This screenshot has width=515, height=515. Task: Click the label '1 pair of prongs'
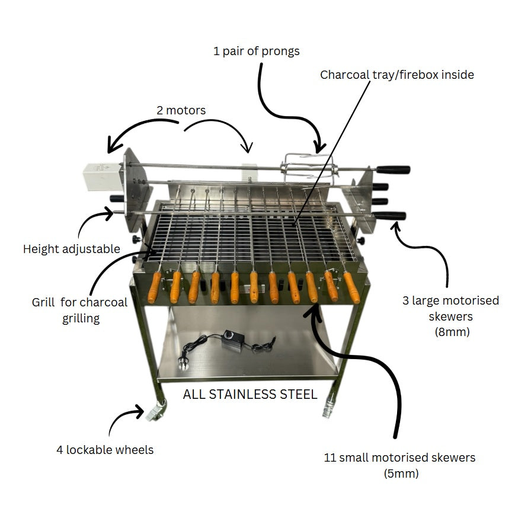click(256, 51)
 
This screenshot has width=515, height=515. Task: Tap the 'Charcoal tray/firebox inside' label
click(396, 75)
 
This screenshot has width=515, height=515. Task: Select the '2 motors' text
click(181, 110)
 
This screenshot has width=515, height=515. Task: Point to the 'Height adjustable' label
click(71, 249)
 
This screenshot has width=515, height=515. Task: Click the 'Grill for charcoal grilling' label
click(79, 310)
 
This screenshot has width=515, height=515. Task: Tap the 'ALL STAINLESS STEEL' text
click(250, 394)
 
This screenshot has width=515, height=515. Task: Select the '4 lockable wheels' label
click(105, 450)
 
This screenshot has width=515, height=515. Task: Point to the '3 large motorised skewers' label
click(450, 316)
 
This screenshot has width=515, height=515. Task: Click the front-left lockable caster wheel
click(156, 410)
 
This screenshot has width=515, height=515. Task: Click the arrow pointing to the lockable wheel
click(125, 418)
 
